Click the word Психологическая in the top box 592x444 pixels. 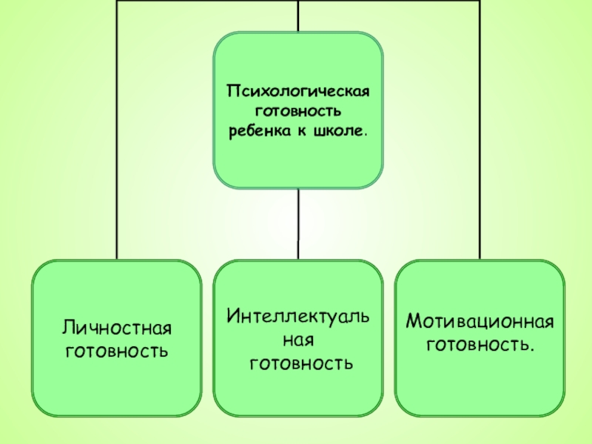[x=297, y=92]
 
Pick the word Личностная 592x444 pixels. [x=117, y=327]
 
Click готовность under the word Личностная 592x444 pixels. [x=117, y=348]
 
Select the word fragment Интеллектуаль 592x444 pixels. [x=299, y=317]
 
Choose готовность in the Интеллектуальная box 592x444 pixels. [x=300, y=363]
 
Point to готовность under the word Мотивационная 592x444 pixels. [x=480, y=344]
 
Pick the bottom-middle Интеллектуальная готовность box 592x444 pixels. [x=299, y=392]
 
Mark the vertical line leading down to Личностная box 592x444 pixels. [x=117, y=148]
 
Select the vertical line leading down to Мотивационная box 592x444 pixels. [x=480, y=148]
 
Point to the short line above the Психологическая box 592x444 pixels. [x=298, y=16]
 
